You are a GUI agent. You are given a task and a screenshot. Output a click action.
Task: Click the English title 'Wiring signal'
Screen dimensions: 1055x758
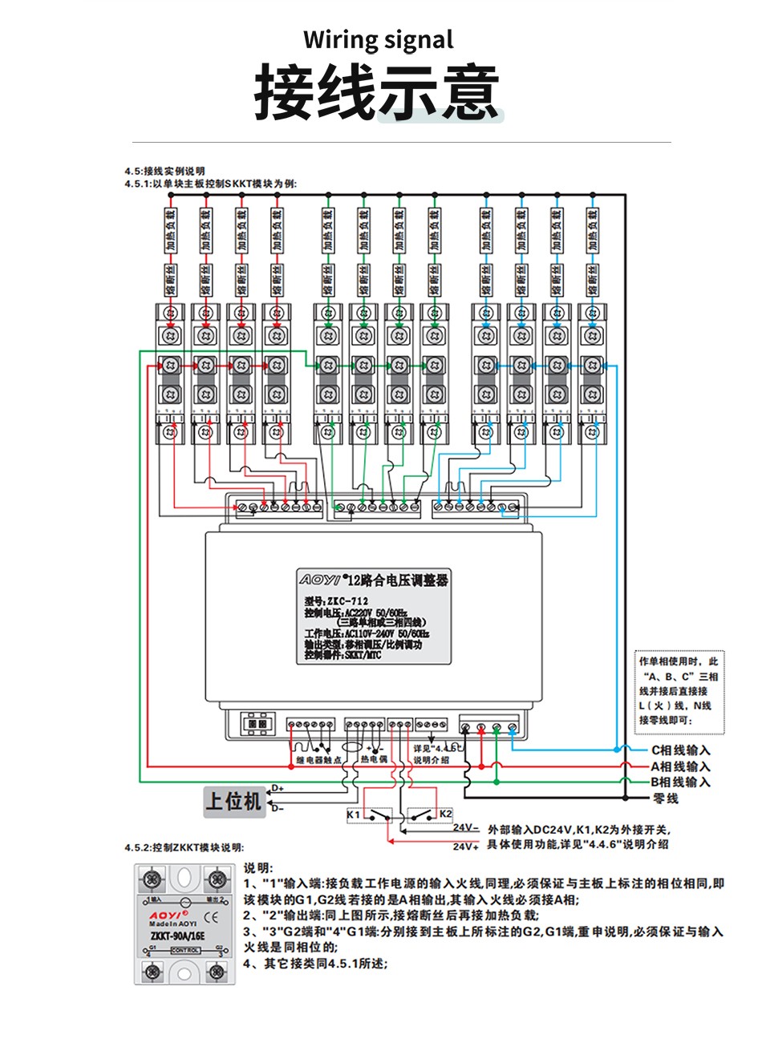tap(378, 39)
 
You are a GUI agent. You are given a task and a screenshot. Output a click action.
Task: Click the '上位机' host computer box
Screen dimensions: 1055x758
tap(233, 800)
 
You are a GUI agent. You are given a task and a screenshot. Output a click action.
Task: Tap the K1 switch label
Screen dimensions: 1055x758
tap(353, 814)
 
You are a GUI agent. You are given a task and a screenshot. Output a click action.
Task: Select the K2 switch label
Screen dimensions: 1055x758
tap(445, 814)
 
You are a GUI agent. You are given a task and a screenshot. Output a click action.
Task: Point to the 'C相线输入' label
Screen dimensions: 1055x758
tap(680, 750)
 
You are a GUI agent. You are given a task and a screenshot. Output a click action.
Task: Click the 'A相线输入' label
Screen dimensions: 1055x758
tap(680, 766)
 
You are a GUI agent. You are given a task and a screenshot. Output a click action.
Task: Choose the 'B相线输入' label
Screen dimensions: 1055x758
tap(680, 782)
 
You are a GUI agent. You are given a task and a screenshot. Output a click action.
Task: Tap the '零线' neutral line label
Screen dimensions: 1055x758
tap(666, 798)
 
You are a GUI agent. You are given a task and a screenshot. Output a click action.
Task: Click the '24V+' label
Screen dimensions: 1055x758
tap(465, 847)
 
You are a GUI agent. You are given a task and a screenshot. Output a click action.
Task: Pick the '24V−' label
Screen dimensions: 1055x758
tap(465, 828)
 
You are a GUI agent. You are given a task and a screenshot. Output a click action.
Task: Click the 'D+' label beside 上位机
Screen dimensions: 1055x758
tap(278, 788)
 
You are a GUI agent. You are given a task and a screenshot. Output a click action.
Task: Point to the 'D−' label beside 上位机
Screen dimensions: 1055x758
tap(278, 808)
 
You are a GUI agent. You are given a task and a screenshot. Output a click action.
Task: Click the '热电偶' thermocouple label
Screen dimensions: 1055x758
tap(374, 758)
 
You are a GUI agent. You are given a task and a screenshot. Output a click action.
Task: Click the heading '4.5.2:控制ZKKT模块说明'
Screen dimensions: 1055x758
tap(184, 847)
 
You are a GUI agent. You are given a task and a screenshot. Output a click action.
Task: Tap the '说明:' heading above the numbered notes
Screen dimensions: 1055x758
tap(258, 868)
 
